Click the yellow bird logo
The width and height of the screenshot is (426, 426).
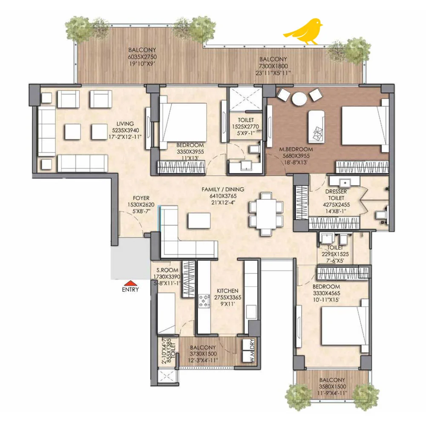[x=304, y=32]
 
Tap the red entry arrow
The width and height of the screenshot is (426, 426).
[x=130, y=283]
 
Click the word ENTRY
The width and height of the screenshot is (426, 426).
[x=130, y=290]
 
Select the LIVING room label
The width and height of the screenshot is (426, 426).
[x=125, y=124]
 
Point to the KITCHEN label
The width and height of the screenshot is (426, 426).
[x=227, y=291]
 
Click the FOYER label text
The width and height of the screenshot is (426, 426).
[x=141, y=198]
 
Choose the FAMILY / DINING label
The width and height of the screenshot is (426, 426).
[x=223, y=190]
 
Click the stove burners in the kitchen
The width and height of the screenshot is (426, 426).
[x=204, y=301]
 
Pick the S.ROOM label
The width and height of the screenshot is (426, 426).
[x=167, y=271]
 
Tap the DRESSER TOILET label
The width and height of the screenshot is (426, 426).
[x=336, y=195]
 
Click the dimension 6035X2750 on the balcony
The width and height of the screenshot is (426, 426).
[x=142, y=57]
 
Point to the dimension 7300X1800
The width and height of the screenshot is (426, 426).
[x=273, y=66]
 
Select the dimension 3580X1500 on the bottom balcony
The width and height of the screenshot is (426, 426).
[x=332, y=387]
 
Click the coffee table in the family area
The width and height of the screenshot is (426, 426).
[x=199, y=221]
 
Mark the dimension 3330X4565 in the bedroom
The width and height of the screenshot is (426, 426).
[x=326, y=294]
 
